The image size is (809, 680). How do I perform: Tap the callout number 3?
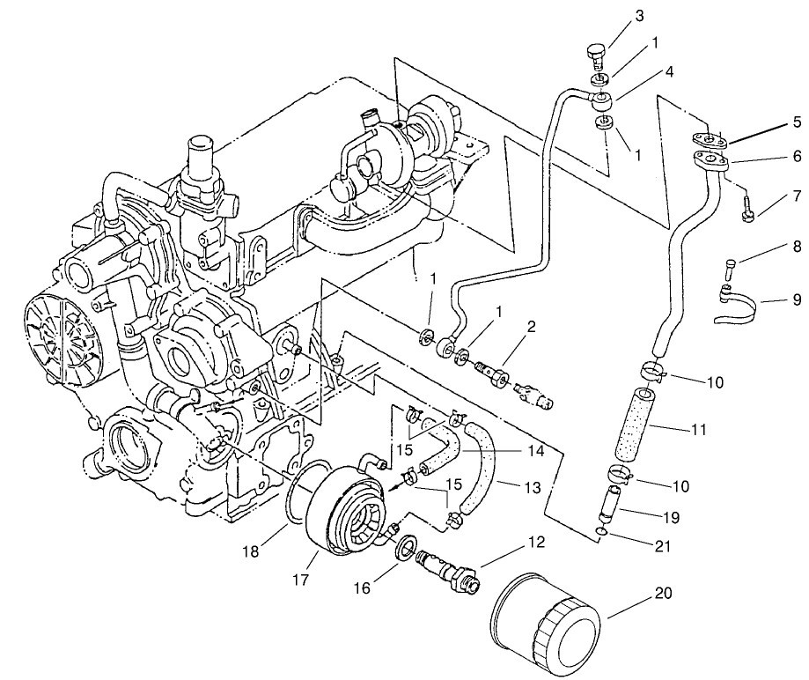point(640,16)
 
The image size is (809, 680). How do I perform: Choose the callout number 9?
point(796,299)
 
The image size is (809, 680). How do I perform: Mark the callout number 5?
point(796,122)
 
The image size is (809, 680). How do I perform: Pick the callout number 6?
point(796,159)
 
